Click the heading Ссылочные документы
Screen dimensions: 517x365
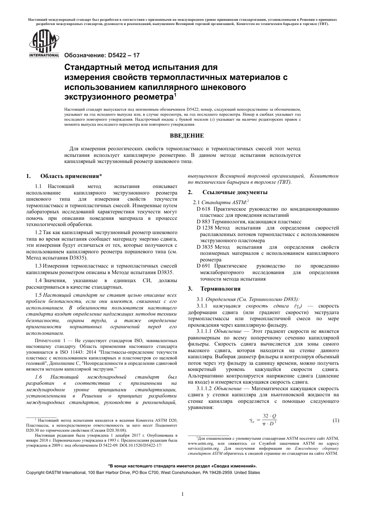click(235, 192)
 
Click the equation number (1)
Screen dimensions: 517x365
click(335, 421)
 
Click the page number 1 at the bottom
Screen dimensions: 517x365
click(182, 494)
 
